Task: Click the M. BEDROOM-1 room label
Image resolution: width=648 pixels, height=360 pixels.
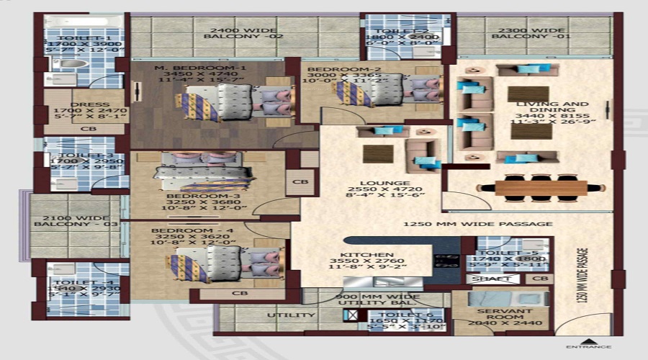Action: coord(200,68)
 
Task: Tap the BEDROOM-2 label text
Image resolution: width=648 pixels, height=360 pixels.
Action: coord(335,70)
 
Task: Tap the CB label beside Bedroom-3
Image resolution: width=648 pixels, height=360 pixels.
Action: coord(300,183)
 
